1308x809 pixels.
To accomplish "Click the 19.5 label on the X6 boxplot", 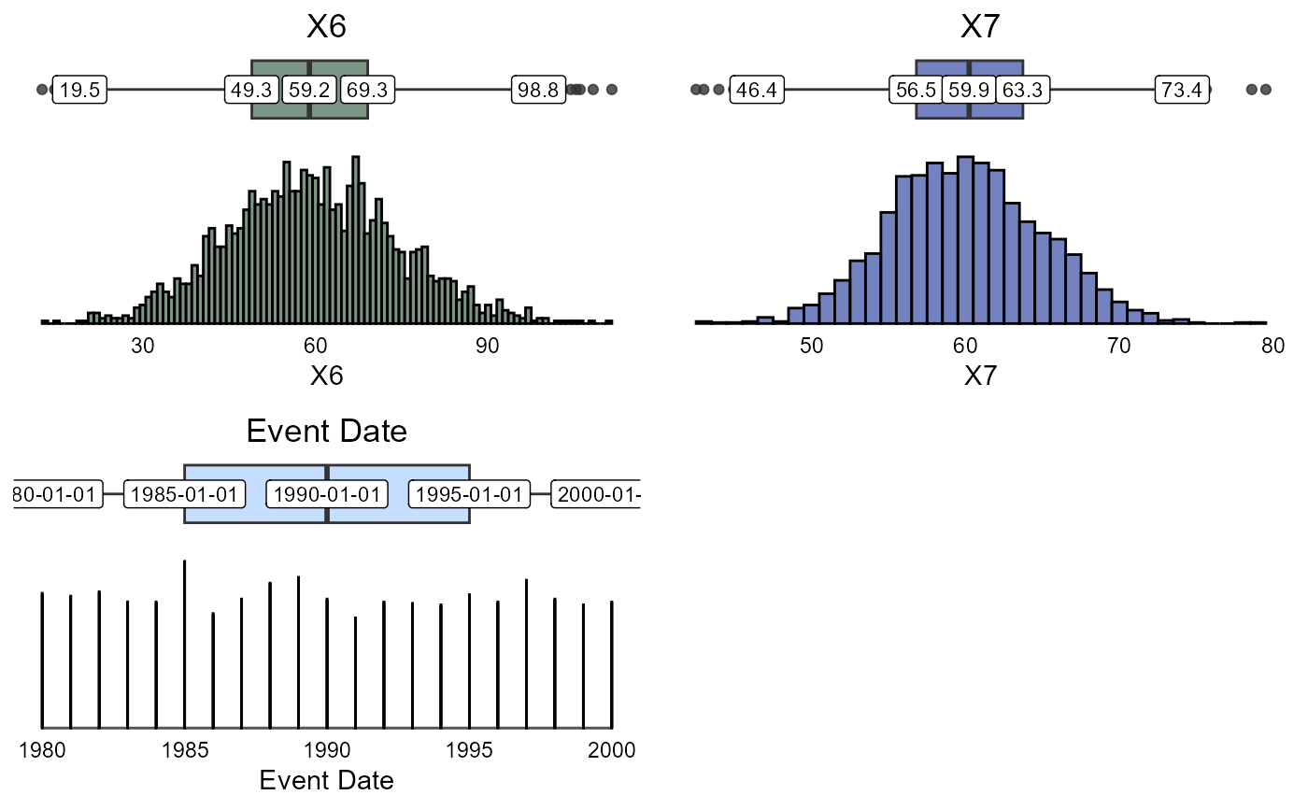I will (78, 91).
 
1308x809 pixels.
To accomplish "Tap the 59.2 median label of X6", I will (309, 91).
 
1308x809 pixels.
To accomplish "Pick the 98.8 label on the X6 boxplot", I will (536, 91).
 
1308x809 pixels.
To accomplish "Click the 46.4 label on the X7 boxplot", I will (756, 91).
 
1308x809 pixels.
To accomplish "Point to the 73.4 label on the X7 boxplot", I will (1181, 91).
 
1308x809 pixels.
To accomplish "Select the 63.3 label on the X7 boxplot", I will (1023, 91).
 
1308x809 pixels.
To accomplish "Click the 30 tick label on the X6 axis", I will (143, 345).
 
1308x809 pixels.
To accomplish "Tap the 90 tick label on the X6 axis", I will (488, 345).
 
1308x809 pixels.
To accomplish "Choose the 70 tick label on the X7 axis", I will (1118, 345).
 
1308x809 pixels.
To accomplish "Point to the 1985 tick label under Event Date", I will (184, 749).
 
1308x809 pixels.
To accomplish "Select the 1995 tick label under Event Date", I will (469, 749).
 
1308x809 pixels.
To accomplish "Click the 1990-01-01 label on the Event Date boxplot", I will (325, 494).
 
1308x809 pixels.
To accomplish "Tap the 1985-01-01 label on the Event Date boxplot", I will (185, 494).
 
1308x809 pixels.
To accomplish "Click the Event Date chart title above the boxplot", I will (326, 432).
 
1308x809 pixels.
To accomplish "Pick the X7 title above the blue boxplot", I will (980, 27).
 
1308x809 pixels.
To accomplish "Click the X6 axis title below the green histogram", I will (326, 376).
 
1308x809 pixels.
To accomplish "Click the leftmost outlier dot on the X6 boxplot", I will (42, 90).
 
